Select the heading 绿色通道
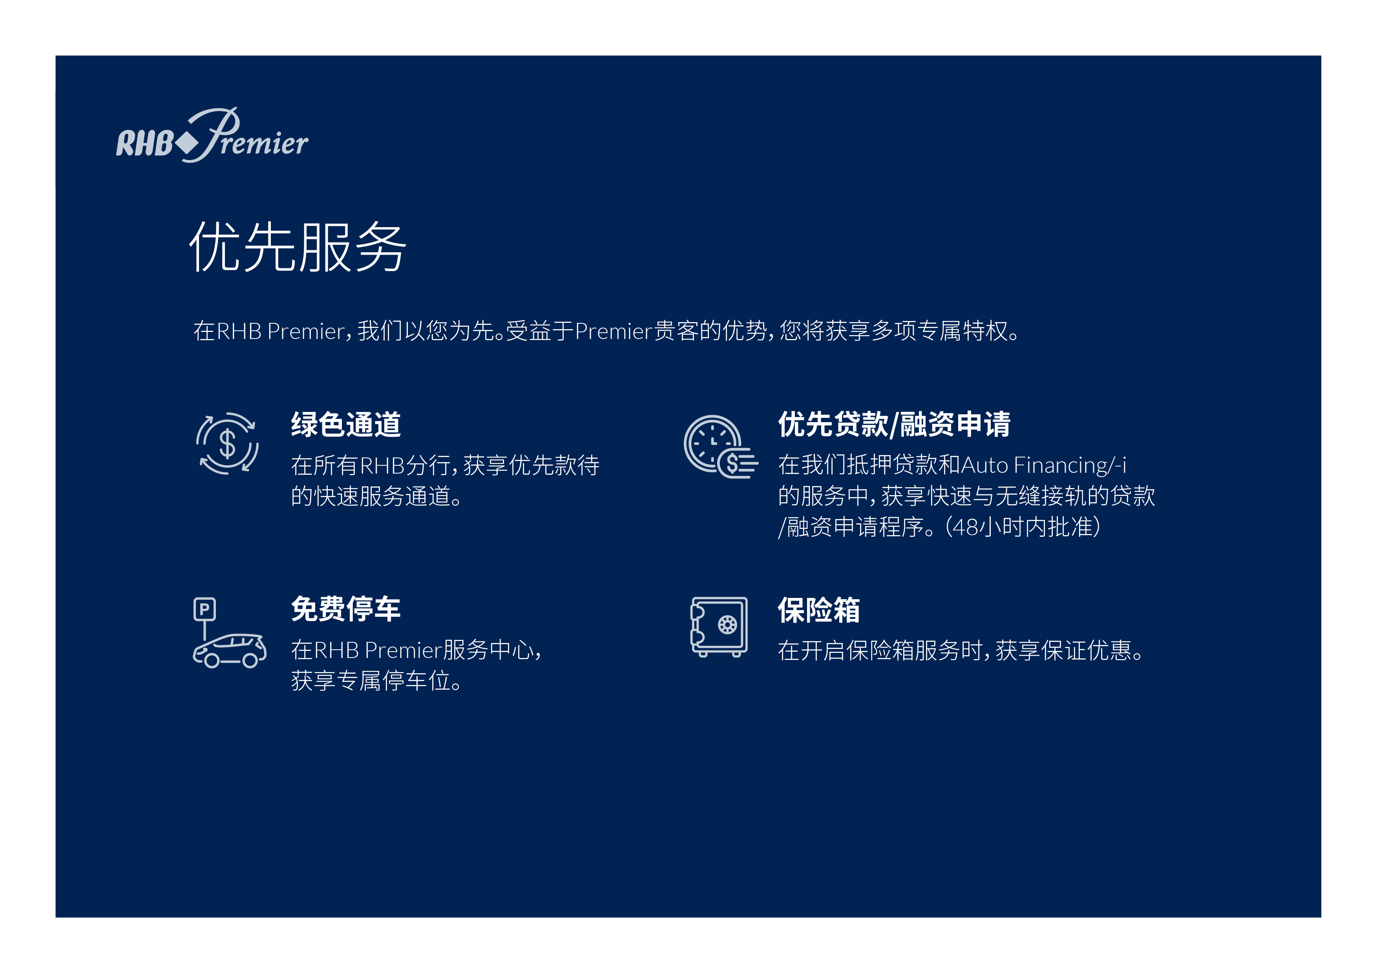click(346, 425)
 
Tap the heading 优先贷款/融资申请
click(894, 425)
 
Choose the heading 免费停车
click(346, 609)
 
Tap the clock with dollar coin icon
click(720, 446)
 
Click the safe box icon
click(719, 627)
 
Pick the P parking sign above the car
click(205, 609)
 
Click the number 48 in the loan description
click(966, 527)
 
